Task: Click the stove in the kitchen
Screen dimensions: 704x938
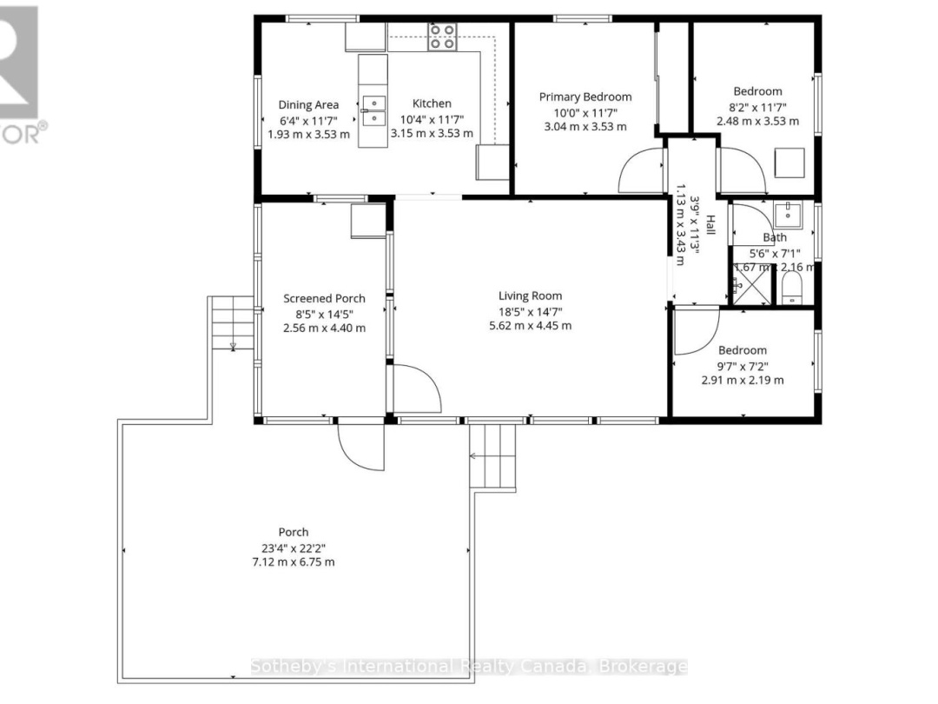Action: click(x=442, y=36)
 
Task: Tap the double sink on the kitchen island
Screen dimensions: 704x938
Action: click(x=374, y=111)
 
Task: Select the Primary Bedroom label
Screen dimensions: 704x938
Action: click(x=585, y=96)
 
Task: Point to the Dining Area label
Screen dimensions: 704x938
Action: click(x=308, y=104)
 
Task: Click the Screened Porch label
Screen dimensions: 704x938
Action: click(x=324, y=298)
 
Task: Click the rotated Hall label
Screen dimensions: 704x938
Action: click(x=710, y=225)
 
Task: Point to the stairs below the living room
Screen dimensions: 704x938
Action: click(x=492, y=456)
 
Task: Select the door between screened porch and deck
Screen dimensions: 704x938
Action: click(x=360, y=445)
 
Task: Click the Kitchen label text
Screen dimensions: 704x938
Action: click(x=432, y=103)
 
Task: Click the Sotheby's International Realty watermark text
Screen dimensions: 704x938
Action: click(x=469, y=667)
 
